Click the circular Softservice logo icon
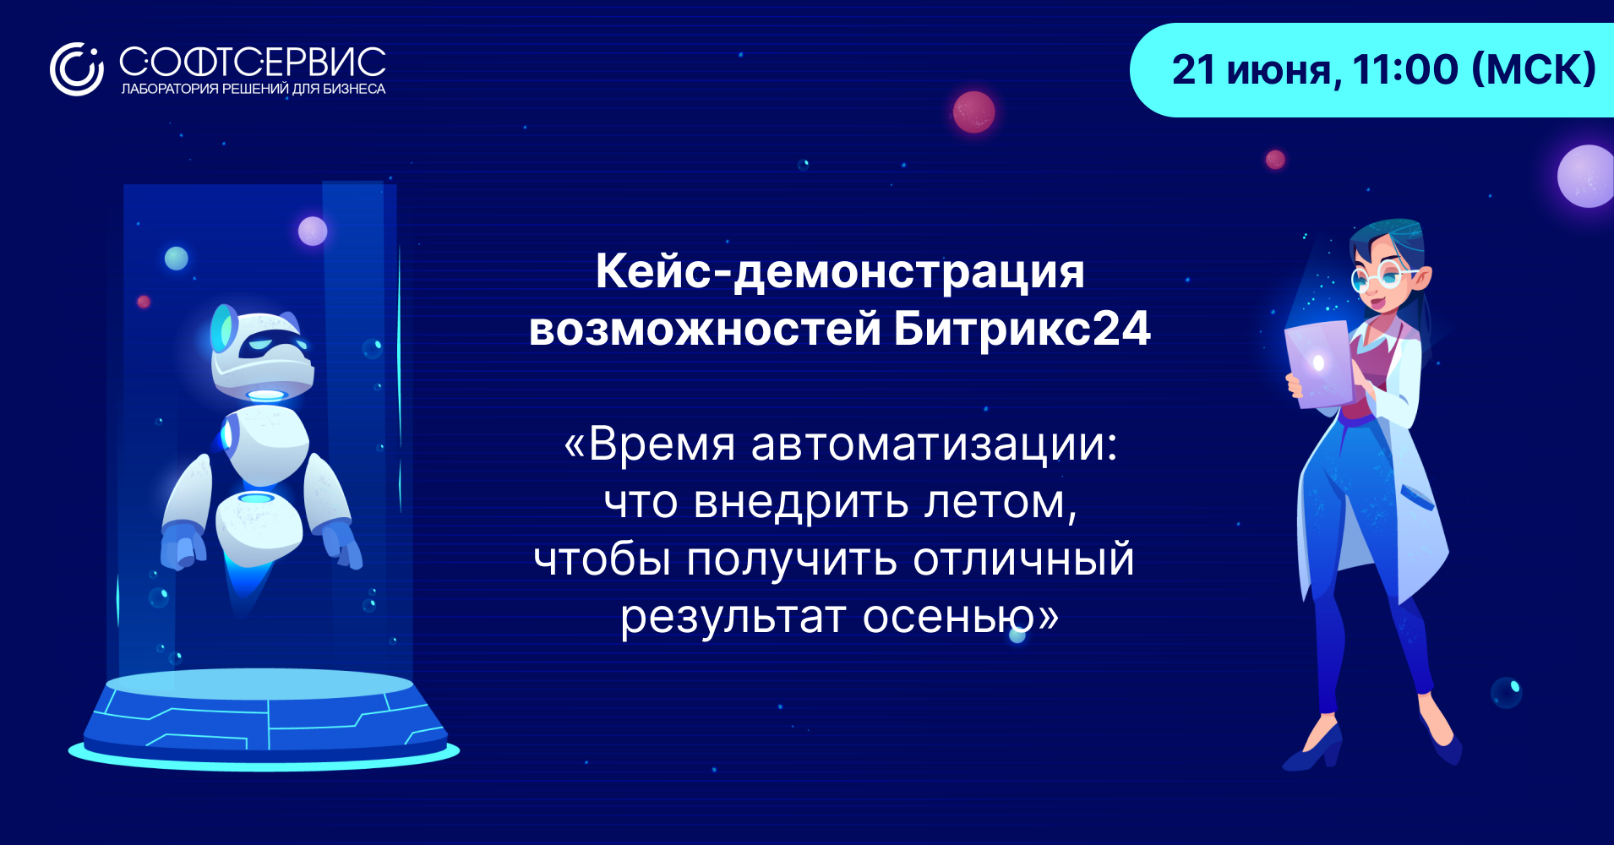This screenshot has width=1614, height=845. point(76,69)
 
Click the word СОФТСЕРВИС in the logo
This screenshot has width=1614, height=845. point(253,62)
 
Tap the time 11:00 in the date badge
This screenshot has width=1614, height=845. point(1405,69)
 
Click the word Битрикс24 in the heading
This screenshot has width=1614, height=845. point(1022,329)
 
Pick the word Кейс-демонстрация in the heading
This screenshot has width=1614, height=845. point(840,272)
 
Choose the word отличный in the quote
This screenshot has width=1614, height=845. point(1023,560)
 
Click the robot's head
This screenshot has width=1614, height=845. point(262,352)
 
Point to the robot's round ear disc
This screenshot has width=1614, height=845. point(223,328)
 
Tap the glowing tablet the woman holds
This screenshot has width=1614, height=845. point(1319,364)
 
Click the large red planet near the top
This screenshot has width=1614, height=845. point(973,112)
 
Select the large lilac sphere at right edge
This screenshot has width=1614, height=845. point(1587,176)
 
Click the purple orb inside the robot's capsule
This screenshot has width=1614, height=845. point(313,231)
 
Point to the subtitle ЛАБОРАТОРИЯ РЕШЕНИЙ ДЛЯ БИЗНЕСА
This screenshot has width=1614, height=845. point(254,89)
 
